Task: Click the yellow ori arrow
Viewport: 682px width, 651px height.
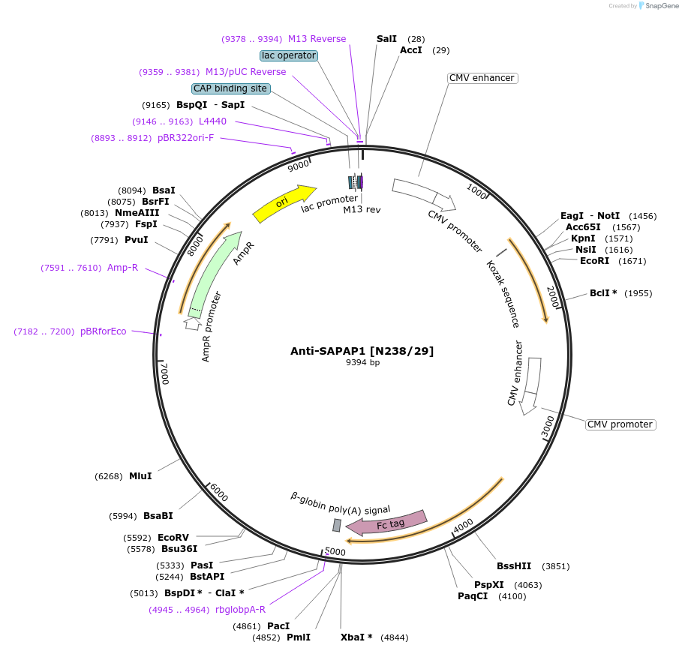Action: (284, 203)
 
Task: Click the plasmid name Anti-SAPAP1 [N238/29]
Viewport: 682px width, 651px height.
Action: (362, 350)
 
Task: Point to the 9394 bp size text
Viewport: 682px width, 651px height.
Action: (362, 363)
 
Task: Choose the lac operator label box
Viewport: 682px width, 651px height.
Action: (289, 55)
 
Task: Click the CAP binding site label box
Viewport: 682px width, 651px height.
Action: (230, 88)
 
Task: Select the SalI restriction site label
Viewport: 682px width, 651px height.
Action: (386, 38)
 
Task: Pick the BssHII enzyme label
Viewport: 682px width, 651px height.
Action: (514, 566)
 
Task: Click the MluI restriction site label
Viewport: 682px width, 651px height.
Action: (140, 476)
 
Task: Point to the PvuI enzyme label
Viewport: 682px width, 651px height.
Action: (136, 240)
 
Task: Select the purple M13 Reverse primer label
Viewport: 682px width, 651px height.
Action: (317, 39)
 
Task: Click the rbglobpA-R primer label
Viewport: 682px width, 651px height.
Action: (240, 610)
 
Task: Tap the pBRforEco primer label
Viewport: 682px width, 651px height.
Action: (104, 331)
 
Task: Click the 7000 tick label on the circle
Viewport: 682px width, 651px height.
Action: (164, 372)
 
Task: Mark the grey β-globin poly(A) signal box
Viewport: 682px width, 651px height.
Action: (337, 525)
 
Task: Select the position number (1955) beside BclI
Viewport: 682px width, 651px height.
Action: (638, 293)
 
